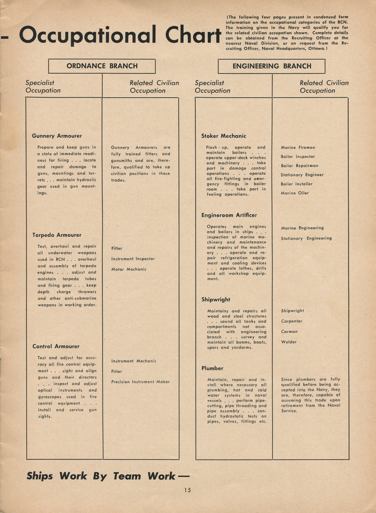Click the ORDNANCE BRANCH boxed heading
(x=102, y=66)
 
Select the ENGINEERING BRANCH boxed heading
(x=272, y=66)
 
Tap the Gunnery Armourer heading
(x=57, y=136)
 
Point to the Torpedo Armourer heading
(x=57, y=235)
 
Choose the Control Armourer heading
(x=56, y=347)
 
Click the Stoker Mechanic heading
(x=224, y=136)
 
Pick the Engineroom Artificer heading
(x=229, y=215)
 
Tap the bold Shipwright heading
(x=216, y=300)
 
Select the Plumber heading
(x=212, y=368)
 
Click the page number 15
(x=187, y=490)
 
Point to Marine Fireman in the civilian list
(x=298, y=148)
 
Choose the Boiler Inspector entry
(x=298, y=157)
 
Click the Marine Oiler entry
(x=295, y=193)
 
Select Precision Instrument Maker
(x=140, y=382)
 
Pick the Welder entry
(x=289, y=342)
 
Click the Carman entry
(x=289, y=332)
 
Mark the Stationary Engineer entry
(x=302, y=175)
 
